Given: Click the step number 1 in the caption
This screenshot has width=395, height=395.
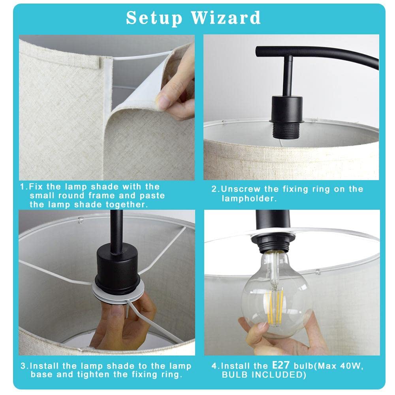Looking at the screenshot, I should tap(22, 186).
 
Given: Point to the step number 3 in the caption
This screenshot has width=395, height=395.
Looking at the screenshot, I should tap(22, 366).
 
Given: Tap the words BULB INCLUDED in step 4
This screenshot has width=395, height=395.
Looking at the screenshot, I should tap(265, 374).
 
